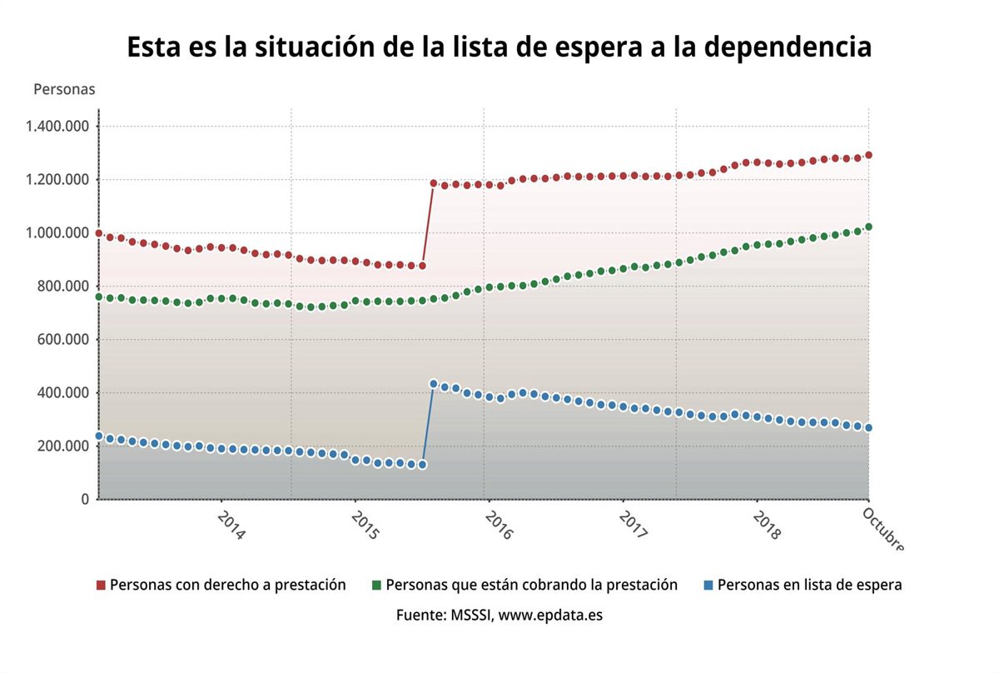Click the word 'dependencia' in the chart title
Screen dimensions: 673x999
pyautogui.click(x=788, y=47)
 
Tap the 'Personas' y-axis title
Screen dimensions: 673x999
pyautogui.click(x=64, y=89)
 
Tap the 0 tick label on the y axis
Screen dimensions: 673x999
pyautogui.click(x=86, y=499)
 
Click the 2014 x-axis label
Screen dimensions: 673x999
pyautogui.click(x=231, y=525)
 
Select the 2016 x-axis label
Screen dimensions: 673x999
pyautogui.click(x=498, y=525)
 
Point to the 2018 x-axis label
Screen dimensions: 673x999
pyautogui.click(x=766, y=525)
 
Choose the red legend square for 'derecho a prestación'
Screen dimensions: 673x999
pyautogui.click(x=102, y=586)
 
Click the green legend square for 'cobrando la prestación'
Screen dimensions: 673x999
pyautogui.click(x=377, y=586)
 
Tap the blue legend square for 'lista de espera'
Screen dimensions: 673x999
pyautogui.click(x=708, y=586)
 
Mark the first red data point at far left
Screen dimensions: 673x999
pyautogui.click(x=98, y=233)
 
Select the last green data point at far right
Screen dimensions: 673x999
pyautogui.click(x=868, y=227)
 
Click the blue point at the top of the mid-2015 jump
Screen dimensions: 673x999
pyautogui.click(x=433, y=384)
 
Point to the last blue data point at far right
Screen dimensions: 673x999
pyautogui.click(x=868, y=428)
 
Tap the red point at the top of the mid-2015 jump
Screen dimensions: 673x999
pyautogui.click(x=433, y=183)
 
